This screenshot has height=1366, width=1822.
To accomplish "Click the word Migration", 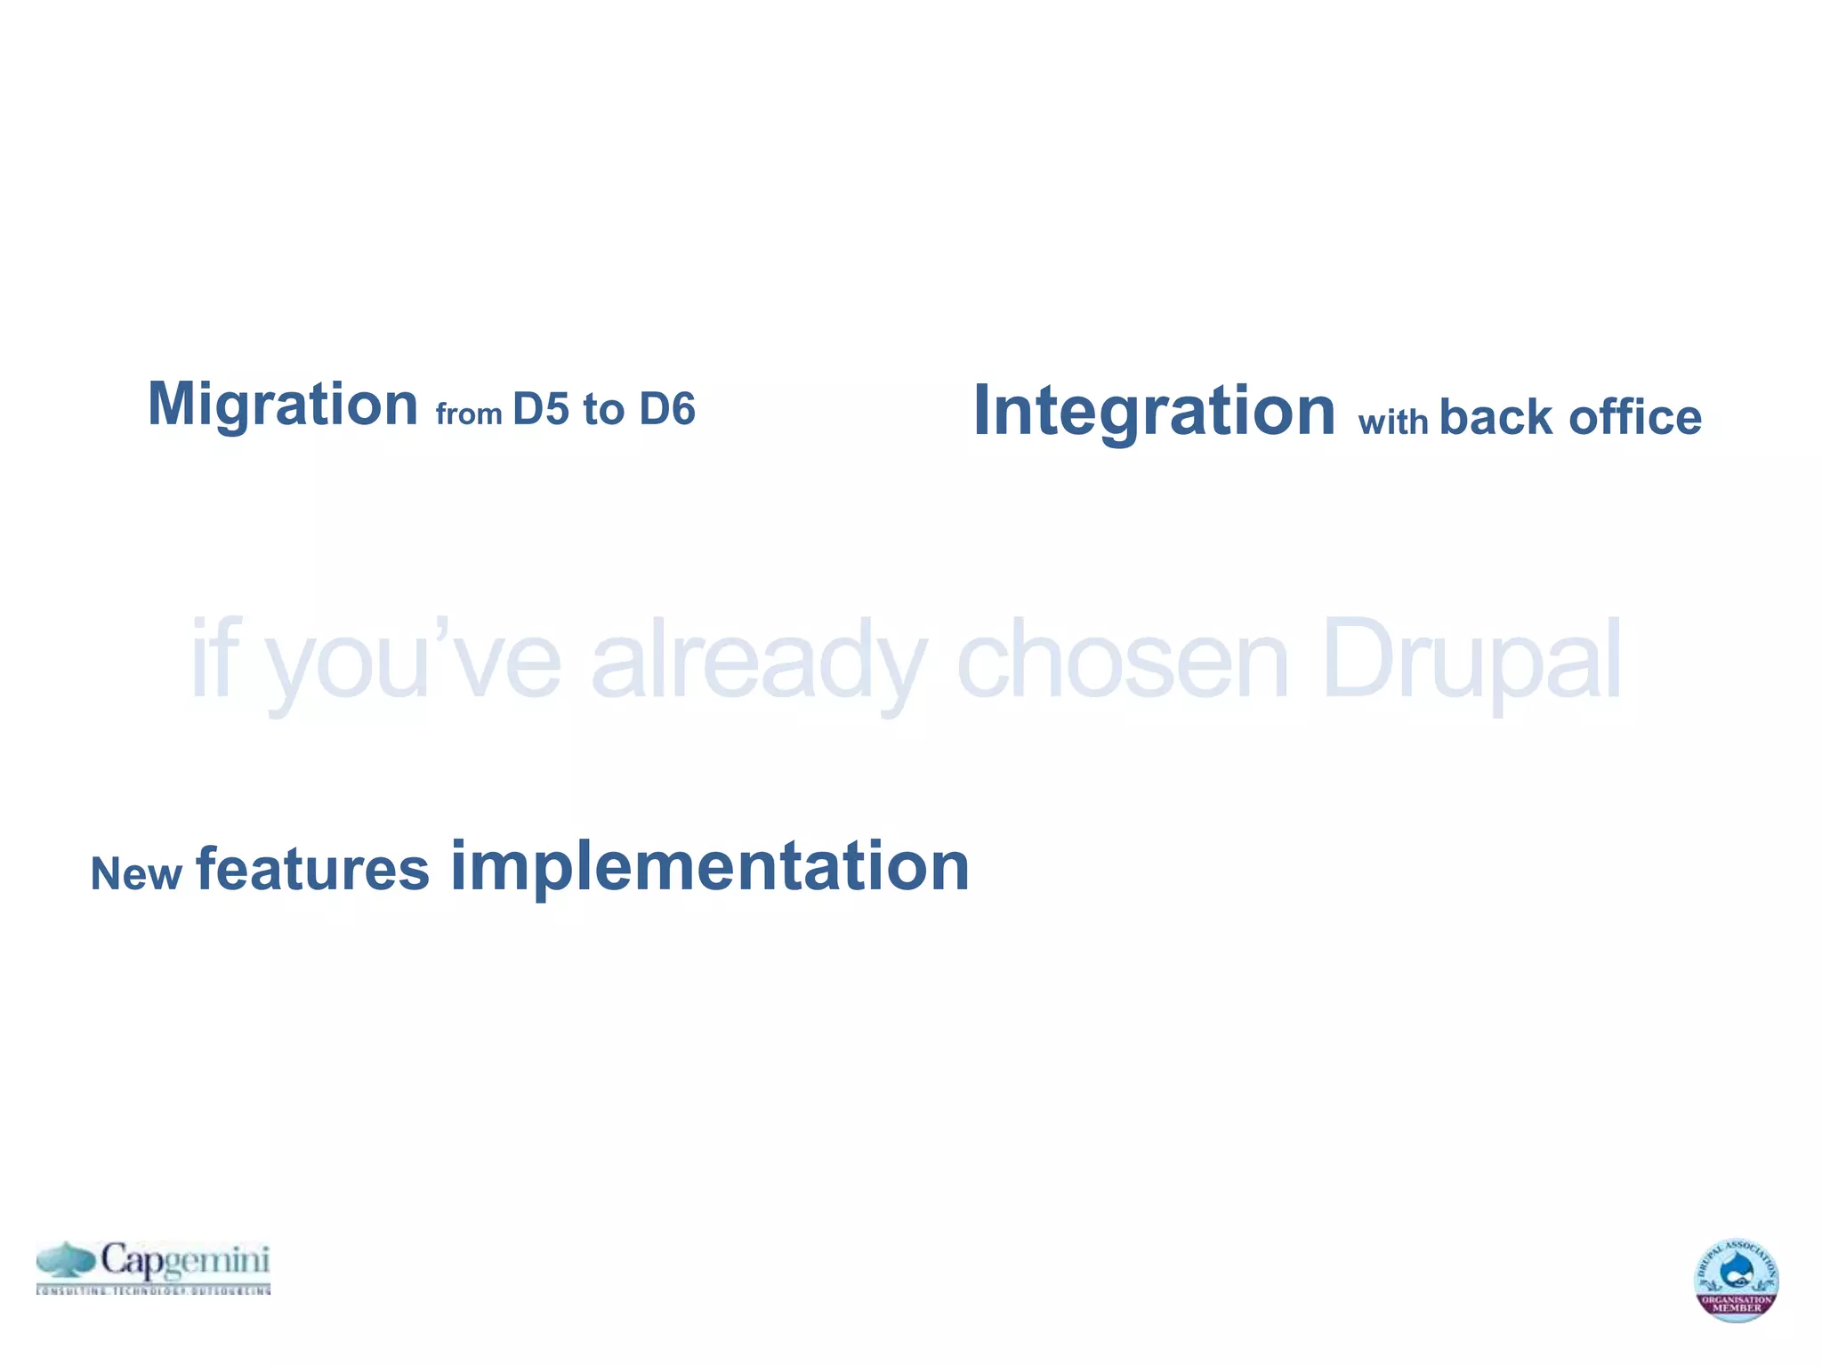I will pos(282,406).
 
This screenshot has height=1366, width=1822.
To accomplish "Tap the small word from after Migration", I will pos(469,414).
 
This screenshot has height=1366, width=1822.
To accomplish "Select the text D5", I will pos(540,410).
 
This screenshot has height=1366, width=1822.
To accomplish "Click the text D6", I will pos(666,410).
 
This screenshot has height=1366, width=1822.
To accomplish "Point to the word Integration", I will pos(1154,411).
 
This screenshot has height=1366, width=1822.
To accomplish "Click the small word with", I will pos(1392,422).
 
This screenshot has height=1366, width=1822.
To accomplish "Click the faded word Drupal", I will pos(1471,663).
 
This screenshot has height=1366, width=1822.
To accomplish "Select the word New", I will pos(136,874).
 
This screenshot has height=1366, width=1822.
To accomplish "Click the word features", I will pos(312,870).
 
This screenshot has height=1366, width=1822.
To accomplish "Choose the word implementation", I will pos(709,866).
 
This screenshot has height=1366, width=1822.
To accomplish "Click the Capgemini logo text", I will pos(184,1261).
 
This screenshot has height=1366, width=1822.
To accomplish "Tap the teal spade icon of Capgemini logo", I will pos(67,1262).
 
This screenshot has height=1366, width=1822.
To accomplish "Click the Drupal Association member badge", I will pos(1736,1279).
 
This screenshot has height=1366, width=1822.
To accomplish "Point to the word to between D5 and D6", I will pos(603,410).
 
